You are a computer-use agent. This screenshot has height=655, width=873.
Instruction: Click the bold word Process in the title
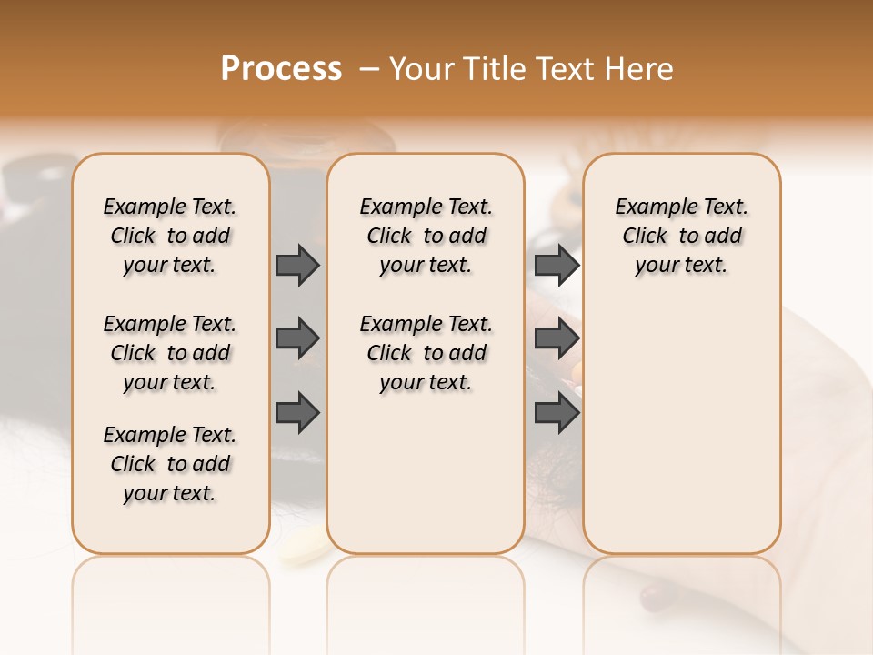[281, 69]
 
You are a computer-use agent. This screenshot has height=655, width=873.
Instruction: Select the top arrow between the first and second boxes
[297, 265]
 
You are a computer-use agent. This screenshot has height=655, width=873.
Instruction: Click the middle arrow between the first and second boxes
[297, 338]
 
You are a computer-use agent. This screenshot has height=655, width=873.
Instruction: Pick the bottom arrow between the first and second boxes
[297, 412]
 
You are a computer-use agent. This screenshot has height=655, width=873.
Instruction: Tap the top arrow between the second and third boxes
[557, 265]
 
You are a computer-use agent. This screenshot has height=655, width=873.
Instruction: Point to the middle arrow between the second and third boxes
[557, 338]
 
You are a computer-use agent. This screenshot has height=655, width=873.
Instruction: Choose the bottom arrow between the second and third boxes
[557, 412]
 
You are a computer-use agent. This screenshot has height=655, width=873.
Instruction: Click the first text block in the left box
[170, 236]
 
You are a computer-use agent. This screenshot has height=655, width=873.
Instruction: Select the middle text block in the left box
[170, 353]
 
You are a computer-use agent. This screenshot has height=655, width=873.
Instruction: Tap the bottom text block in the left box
[170, 464]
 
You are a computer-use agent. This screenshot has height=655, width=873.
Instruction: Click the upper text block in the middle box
[426, 236]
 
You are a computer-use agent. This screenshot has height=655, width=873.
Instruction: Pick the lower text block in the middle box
[426, 353]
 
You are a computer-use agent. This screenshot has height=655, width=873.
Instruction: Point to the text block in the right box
[681, 236]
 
